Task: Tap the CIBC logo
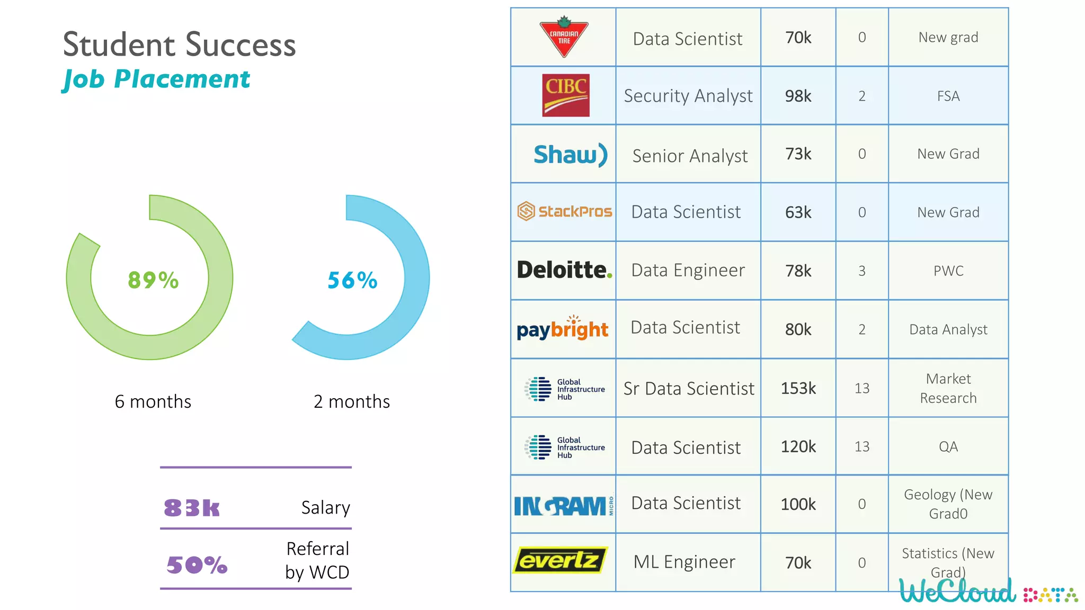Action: pyautogui.click(x=565, y=95)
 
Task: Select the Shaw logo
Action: pyautogui.click(x=570, y=155)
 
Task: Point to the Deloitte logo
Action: pyautogui.click(x=564, y=270)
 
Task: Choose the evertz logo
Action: pyautogui.click(x=559, y=560)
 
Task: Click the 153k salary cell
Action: pyautogui.click(x=798, y=388)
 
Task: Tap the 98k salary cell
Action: pyautogui.click(x=798, y=96)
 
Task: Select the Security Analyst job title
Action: pyautogui.click(x=688, y=96)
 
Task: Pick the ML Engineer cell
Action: pyautogui.click(x=684, y=562)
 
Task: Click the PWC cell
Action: pyautogui.click(x=948, y=271)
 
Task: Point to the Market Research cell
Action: pyautogui.click(x=948, y=388)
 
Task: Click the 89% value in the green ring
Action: pyautogui.click(x=153, y=280)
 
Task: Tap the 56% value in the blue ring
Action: pyautogui.click(x=352, y=280)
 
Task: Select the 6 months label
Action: pyautogui.click(x=153, y=401)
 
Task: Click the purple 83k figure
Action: pyautogui.click(x=191, y=508)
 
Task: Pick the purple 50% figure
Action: pyautogui.click(x=197, y=565)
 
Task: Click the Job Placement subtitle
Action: pyautogui.click(x=156, y=79)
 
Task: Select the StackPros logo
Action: pyautogui.click(x=564, y=211)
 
